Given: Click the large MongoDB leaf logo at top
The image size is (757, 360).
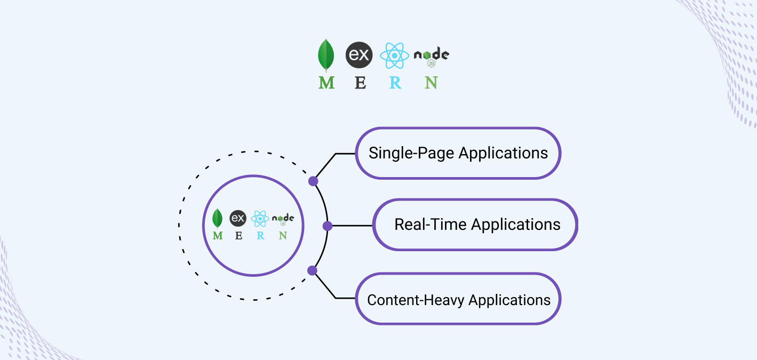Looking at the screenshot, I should [326, 56].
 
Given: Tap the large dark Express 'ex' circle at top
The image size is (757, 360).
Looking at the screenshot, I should [359, 55].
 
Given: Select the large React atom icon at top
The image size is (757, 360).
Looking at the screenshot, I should [394, 56].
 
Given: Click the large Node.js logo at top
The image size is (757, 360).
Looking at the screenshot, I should [431, 56].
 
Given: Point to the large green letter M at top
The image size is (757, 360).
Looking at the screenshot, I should [326, 83].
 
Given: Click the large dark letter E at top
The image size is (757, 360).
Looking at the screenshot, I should [361, 83].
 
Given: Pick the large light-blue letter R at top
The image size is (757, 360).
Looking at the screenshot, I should [395, 83].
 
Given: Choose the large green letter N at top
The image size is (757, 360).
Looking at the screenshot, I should [431, 83].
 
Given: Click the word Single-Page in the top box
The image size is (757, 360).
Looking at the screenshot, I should [411, 154].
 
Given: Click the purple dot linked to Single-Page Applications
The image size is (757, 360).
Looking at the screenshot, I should [313, 181].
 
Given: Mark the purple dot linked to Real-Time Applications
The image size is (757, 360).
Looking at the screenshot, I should [328, 226].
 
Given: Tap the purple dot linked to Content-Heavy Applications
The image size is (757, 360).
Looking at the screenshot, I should [313, 270].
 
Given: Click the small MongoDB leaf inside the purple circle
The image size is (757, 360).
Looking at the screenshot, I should [217, 218].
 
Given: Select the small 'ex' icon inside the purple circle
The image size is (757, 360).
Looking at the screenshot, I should [238, 218].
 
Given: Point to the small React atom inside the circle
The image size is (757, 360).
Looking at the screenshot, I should [260, 218].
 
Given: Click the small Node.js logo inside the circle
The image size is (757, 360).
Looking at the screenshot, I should [283, 219].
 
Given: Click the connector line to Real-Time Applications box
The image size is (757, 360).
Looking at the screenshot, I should [352, 226].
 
